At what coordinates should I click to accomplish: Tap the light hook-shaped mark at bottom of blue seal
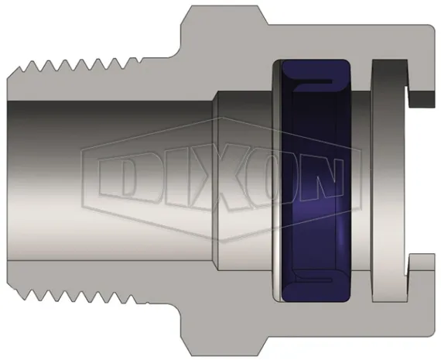point(317,276)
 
